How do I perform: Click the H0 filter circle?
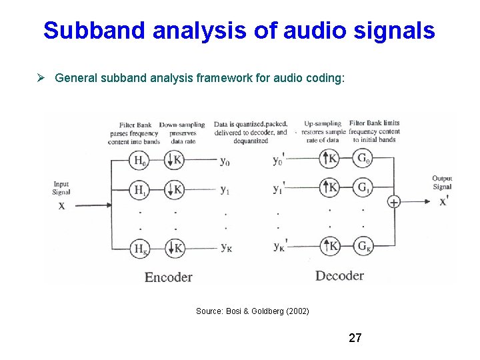tap(139, 160)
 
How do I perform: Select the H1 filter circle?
tap(139, 190)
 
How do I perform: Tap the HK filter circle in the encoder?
tap(139, 248)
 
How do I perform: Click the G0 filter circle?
tap(363, 159)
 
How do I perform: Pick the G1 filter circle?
tap(363, 187)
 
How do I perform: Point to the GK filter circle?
tap(363, 246)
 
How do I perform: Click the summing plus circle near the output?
tap(394, 202)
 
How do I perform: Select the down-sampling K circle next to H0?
tap(174, 160)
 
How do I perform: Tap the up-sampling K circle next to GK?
tap(329, 246)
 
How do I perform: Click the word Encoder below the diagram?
tap(168, 277)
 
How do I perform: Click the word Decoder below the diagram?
tap(339, 275)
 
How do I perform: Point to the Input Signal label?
tap(61, 188)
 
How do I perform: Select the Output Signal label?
tap(442, 183)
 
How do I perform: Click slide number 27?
tap(355, 338)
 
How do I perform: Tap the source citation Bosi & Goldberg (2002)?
tap(252, 311)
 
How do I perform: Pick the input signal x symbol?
tap(61, 205)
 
